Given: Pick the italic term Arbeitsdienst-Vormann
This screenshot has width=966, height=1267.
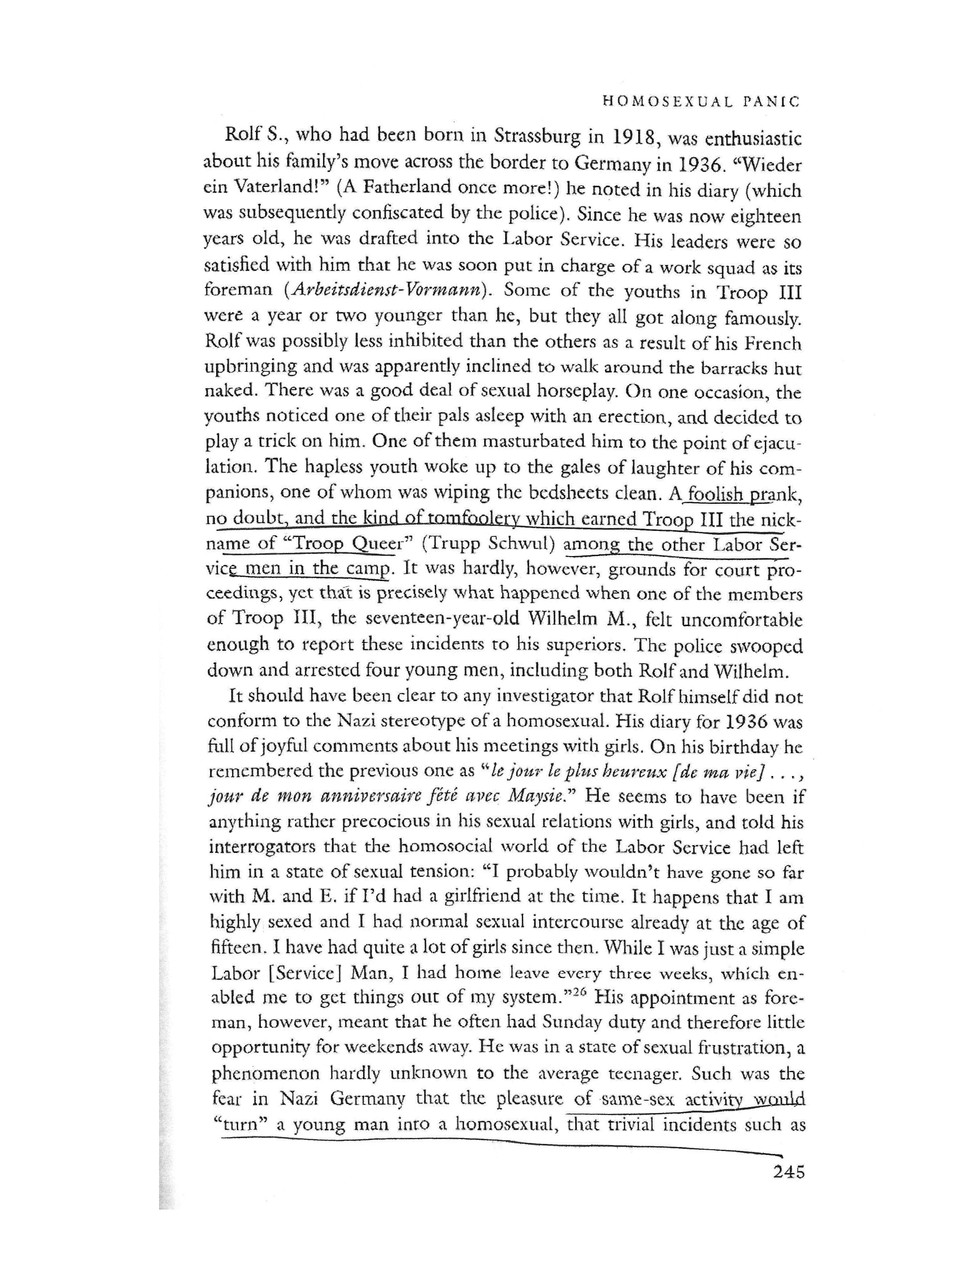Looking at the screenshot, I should [x=388, y=290].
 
